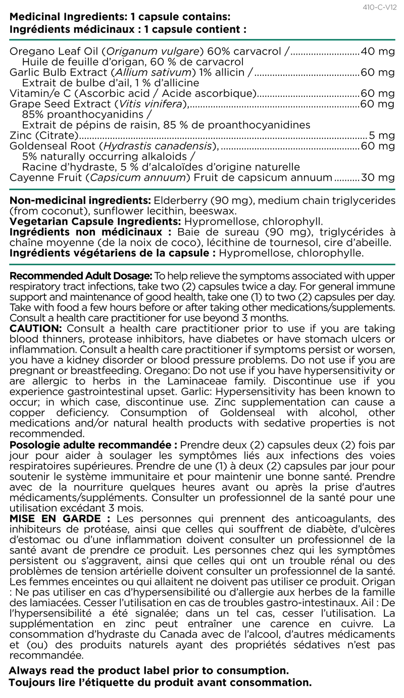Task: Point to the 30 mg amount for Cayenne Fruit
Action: click(378, 178)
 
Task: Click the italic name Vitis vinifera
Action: click(150, 104)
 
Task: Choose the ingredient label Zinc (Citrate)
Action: click(44, 135)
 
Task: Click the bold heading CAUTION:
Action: click(36, 329)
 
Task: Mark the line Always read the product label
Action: click(149, 671)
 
